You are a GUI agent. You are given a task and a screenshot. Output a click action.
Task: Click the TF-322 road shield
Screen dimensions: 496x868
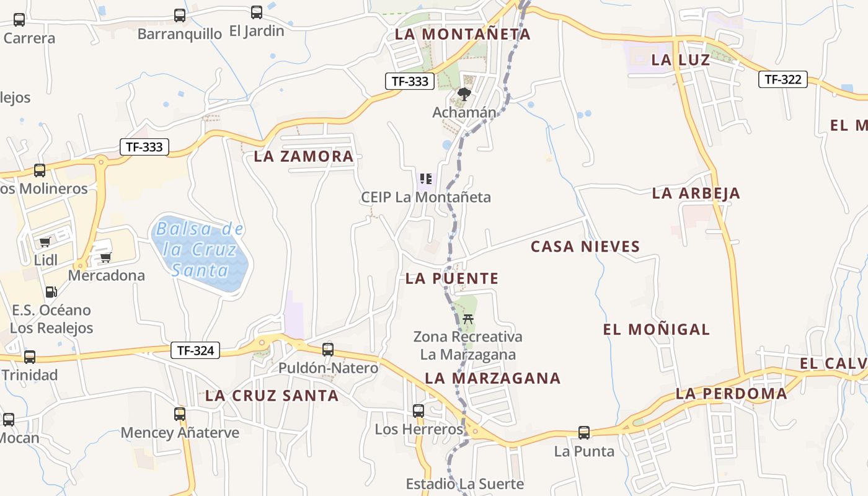782,79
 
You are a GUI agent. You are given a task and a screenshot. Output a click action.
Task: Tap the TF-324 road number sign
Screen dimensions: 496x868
195,350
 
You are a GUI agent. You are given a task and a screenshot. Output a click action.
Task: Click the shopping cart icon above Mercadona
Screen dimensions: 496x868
106,257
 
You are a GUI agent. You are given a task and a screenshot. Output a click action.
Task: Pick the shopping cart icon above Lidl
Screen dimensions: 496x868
45,242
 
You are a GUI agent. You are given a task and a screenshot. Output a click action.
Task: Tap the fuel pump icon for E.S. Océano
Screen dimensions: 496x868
51,291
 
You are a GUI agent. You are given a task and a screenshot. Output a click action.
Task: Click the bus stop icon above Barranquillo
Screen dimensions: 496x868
180,15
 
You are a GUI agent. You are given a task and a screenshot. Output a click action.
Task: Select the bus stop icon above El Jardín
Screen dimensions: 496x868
257,12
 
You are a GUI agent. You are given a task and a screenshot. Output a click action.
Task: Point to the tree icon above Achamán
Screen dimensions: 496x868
464,94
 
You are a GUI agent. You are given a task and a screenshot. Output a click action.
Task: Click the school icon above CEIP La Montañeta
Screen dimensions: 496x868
426,179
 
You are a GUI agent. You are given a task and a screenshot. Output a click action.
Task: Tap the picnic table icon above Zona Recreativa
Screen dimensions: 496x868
468,319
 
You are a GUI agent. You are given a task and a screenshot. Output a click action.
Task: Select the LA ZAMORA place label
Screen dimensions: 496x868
304,156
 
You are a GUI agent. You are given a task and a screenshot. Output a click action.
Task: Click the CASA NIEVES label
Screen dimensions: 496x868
585,247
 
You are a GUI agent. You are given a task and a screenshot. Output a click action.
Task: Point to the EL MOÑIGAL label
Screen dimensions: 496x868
657,329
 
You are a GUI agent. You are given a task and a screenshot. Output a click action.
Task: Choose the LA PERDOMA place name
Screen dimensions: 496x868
732,393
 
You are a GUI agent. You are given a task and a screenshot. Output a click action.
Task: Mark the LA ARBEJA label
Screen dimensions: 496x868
696,193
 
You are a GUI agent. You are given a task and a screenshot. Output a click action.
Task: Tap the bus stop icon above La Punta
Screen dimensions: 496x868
584,433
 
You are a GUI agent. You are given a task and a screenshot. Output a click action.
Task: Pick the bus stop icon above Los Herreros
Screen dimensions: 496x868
418,411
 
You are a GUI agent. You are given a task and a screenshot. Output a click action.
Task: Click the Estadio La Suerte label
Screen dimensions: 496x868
465,484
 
